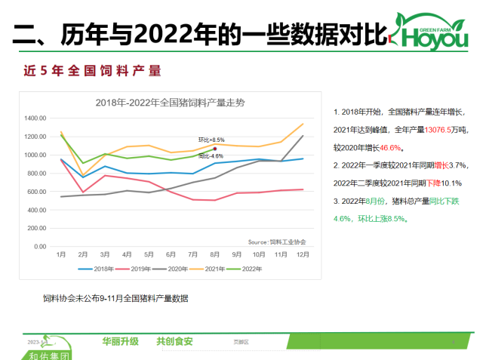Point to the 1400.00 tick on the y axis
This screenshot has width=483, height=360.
[x=36, y=118]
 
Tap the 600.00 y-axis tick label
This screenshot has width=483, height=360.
[x=38, y=192]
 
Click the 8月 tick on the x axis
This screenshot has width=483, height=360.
[x=215, y=254]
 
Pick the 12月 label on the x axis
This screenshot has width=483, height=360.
[x=303, y=254]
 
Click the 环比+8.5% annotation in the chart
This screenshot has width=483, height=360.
[x=212, y=140]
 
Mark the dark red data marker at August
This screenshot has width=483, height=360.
[x=216, y=149]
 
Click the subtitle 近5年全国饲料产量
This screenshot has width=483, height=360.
[x=93, y=72]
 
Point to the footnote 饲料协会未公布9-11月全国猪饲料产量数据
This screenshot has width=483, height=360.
[x=115, y=299]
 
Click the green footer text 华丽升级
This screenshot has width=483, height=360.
[x=121, y=341]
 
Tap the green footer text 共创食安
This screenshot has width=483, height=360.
[x=174, y=341]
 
